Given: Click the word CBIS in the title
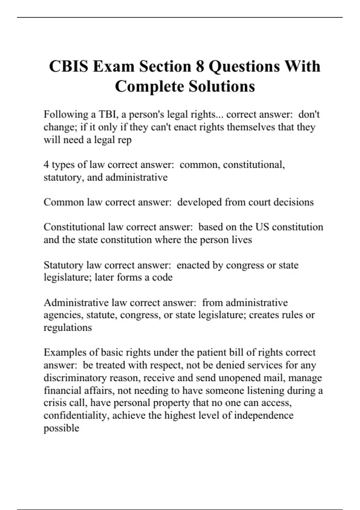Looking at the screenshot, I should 69,66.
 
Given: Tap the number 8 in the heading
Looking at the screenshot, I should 200,66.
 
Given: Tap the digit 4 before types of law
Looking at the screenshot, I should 46,165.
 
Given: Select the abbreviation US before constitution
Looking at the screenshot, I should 262,227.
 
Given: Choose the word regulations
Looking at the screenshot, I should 68,328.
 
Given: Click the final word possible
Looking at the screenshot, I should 61,428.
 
